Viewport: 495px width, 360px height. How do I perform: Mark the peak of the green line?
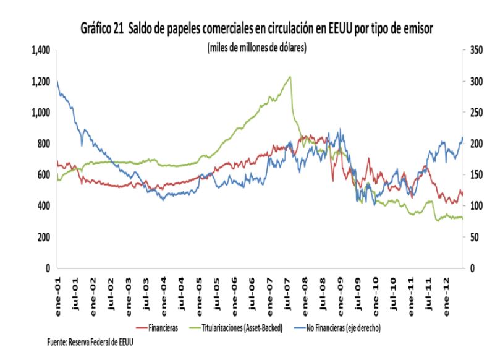(290, 76)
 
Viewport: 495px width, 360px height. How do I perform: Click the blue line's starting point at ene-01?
(57, 82)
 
